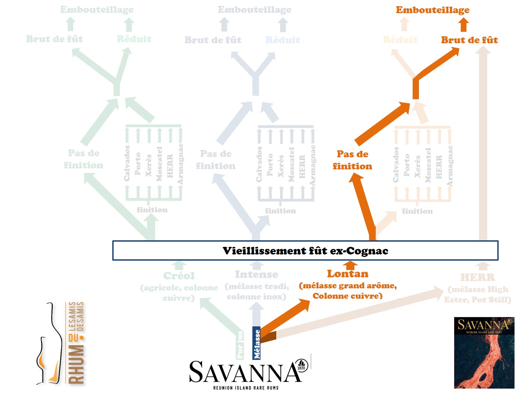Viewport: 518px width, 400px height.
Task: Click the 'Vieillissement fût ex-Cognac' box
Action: coord(305,251)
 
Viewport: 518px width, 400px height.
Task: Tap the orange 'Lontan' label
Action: coord(348,274)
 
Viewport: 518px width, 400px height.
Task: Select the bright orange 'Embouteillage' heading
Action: coord(432,10)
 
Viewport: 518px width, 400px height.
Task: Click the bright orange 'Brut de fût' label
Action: coord(469,40)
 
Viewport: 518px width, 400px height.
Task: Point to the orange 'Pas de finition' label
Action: coord(352,160)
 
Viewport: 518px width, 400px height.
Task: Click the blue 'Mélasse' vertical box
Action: coord(257,343)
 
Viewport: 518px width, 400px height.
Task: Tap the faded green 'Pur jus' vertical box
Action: coord(240,345)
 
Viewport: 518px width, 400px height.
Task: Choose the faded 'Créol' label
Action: coord(179,276)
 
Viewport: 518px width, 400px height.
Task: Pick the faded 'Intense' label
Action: coord(257,275)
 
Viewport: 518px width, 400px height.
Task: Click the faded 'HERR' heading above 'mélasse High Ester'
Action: coord(478,277)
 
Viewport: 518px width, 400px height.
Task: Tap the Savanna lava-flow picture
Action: coord(484,353)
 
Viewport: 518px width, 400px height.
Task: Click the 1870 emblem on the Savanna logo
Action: coord(302,365)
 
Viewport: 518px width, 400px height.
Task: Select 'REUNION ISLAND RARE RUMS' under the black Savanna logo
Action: coord(246,388)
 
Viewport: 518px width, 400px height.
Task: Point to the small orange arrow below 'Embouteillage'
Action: coord(464,25)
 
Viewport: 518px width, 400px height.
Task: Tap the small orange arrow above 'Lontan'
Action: coord(351,265)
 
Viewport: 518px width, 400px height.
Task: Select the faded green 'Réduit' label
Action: coord(134,39)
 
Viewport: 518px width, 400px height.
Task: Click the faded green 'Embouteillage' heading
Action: coord(97,10)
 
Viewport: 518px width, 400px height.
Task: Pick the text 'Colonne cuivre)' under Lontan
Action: coord(347,296)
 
